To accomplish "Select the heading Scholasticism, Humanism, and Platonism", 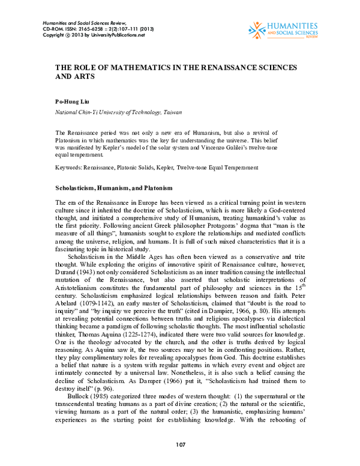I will [114, 188].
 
